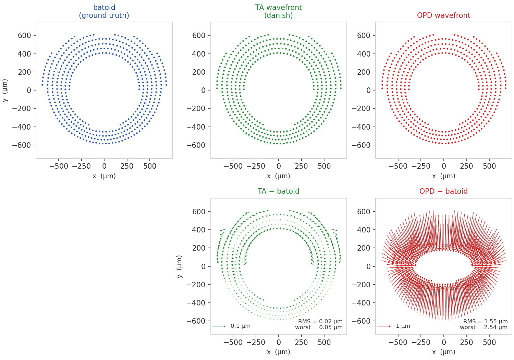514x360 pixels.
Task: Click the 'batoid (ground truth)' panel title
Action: tap(104, 11)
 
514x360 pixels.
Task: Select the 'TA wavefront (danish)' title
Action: tap(279, 11)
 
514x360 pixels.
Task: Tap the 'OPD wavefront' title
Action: tap(443, 15)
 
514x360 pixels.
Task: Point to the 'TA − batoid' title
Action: tap(278, 191)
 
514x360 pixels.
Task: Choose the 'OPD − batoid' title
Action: tap(443, 191)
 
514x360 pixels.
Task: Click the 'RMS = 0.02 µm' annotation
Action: tap(320, 322)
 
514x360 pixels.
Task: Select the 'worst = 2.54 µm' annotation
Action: tap(484, 327)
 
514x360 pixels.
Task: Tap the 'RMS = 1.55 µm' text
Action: tap(485, 322)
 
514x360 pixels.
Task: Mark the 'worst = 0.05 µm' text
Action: tap(319, 327)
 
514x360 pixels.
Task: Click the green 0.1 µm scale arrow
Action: tap(219, 326)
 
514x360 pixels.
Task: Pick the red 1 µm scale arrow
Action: tap(384, 326)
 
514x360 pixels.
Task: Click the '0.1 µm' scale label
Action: tap(241, 326)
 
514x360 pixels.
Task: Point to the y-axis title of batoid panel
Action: tap(5, 90)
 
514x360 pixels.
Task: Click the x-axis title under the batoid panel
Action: tap(104, 176)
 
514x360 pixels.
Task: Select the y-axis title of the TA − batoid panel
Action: tap(179, 266)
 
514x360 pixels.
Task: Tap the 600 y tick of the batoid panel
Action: tap(24, 36)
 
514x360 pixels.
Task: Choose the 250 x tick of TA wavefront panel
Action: tap(301, 166)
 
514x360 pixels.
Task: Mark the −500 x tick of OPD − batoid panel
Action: tap(398, 342)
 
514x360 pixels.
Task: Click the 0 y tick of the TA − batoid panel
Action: tap(203, 266)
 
